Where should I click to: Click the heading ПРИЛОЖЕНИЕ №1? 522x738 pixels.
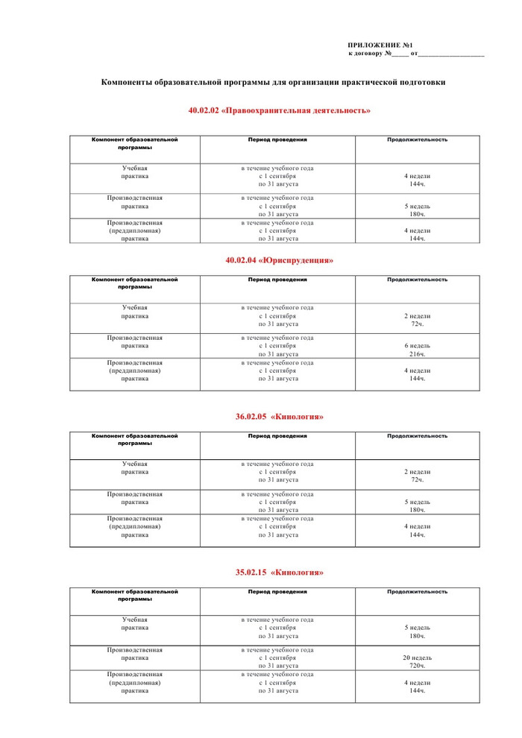pos(380,45)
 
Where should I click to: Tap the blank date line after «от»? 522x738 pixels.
pos(451,54)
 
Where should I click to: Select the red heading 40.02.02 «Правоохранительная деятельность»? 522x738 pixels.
pos(280,110)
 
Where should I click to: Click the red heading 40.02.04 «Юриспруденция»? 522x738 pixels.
pos(280,260)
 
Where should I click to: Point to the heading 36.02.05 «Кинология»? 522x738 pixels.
pos(280,416)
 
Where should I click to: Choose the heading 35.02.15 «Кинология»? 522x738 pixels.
pos(280,573)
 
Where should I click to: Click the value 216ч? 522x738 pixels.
pos(417,354)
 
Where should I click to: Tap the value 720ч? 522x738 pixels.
pos(417,666)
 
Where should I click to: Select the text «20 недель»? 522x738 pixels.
pos(417,657)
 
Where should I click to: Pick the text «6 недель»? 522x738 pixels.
pos(417,346)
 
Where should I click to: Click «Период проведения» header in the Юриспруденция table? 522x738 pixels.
pos(277,280)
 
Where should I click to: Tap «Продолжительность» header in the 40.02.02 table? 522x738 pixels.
pos(417,139)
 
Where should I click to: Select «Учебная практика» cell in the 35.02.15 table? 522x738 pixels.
pos(135,623)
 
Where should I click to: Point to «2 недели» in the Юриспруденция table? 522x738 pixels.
pos(417,316)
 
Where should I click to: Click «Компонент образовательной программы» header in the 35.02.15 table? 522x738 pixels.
pos(135,595)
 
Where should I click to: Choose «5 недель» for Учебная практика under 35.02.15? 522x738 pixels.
pos(417,628)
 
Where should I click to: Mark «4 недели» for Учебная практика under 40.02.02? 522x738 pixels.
pos(417,176)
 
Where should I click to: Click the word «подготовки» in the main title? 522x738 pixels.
pos(420,82)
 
